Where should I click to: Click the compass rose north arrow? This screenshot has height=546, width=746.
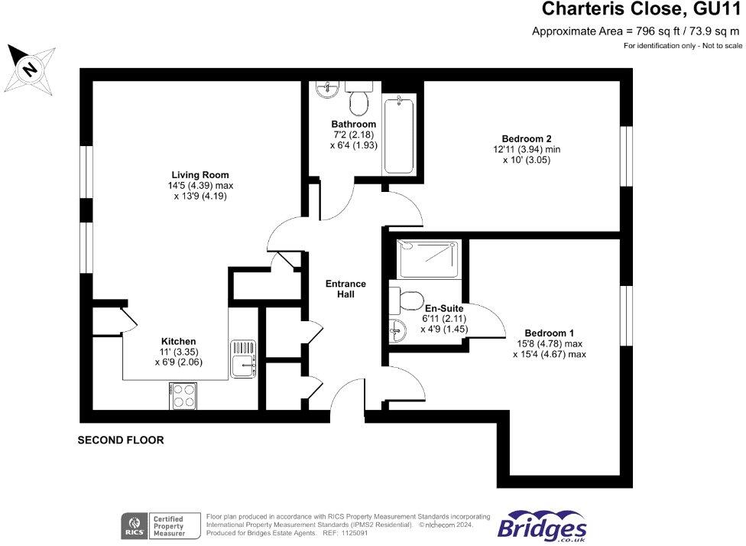pos(29,68)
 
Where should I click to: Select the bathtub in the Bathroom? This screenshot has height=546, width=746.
pos(400,135)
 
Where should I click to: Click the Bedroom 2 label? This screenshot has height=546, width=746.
pos(522,138)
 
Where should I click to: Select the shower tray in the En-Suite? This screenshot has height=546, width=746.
pos(429,258)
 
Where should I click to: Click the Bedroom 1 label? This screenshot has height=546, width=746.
pos(550,333)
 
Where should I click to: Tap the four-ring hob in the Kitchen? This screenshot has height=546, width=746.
pos(183,395)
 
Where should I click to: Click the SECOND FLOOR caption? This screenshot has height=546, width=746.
pos(121,440)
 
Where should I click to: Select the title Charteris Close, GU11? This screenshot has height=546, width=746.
pos(641,10)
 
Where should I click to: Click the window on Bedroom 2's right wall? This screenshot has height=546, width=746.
pos(627,156)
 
